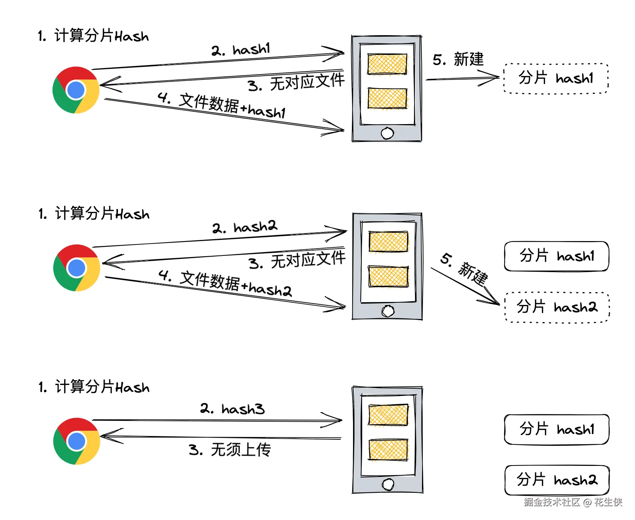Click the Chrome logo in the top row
pyautogui.click(x=76, y=90)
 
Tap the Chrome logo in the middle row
pyautogui.click(x=77, y=268)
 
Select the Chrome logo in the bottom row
pyautogui.click(x=77, y=441)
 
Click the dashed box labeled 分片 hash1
pyautogui.click(x=556, y=78)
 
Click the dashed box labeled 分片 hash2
pyautogui.click(x=557, y=307)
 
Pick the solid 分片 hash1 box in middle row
pyautogui.click(x=556, y=256)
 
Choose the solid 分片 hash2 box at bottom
pyautogui.click(x=557, y=480)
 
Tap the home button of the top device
pyautogui.click(x=387, y=133)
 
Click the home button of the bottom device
pyautogui.click(x=388, y=484)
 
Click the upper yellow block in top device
pyautogui.click(x=387, y=64)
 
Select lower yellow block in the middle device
pyautogui.click(x=389, y=277)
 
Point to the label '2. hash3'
pyautogui.click(x=232, y=409)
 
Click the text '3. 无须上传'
pyautogui.click(x=230, y=450)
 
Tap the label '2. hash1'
pyautogui.click(x=241, y=50)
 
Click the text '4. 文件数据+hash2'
pyautogui.click(x=225, y=284)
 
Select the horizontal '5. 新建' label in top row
pyautogui.click(x=458, y=59)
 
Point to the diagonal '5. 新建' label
pyautogui.click(x=465, y=270)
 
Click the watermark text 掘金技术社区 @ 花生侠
pyautogui.click(x=573, y=502)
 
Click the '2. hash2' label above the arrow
pyautogui.click(x=245, y=227)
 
